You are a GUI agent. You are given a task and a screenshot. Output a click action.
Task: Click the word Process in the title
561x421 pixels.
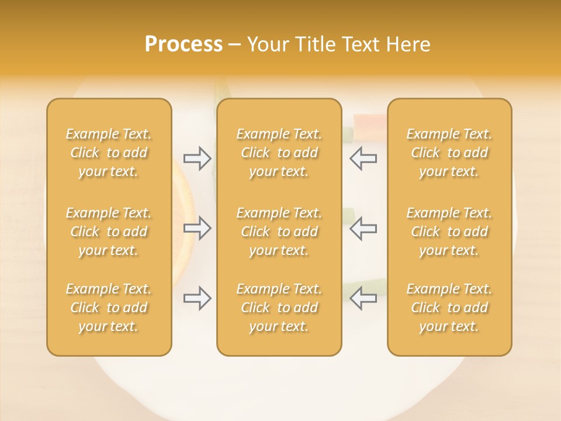pos(183,44)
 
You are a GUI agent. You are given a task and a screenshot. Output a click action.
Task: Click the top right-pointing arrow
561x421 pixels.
pos(198,158)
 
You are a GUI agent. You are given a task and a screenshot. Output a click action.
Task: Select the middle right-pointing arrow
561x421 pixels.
pos(198,228)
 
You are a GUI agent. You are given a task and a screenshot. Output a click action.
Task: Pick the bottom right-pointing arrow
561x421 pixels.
pos(198,298)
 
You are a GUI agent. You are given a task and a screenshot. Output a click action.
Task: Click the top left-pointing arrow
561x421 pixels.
pos(363,158)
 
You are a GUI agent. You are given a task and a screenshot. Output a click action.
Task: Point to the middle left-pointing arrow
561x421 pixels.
pos(363,228)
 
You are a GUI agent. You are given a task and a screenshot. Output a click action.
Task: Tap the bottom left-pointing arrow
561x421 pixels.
pos(363,298)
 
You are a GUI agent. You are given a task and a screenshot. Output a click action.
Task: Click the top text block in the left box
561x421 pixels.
pos(109,153)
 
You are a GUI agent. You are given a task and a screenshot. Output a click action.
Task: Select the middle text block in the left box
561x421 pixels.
pos(109,232)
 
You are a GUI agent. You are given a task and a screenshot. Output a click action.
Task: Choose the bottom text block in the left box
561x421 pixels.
pos(109,308)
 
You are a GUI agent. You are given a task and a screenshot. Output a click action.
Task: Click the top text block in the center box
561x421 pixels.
pos(279,153)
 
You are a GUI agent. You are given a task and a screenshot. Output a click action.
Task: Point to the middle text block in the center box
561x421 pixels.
pos(279,232)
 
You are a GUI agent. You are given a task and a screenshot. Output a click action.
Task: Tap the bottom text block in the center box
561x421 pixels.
pos(279,308)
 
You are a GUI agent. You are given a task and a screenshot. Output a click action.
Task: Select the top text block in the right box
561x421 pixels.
pos(449,153)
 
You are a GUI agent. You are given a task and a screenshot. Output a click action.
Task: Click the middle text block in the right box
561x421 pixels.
pos(449,232)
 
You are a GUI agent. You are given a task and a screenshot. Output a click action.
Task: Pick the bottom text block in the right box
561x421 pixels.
pos(449,308)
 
